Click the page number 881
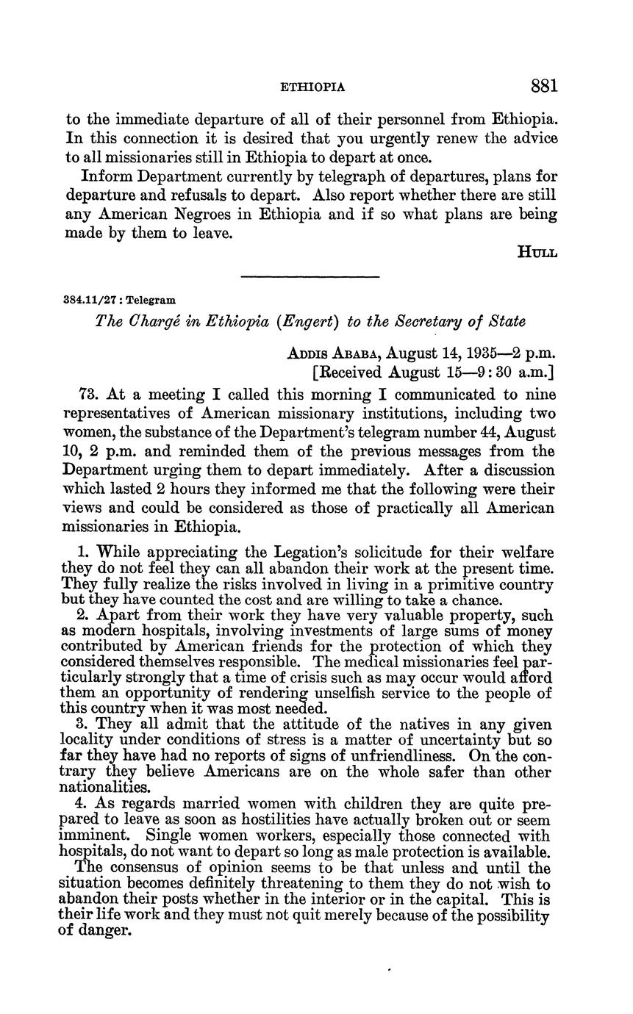[544, 85]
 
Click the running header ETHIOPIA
[313, 87]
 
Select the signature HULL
[537, 253]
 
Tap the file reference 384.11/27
[90, 300]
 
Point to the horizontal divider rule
[310, 276]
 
